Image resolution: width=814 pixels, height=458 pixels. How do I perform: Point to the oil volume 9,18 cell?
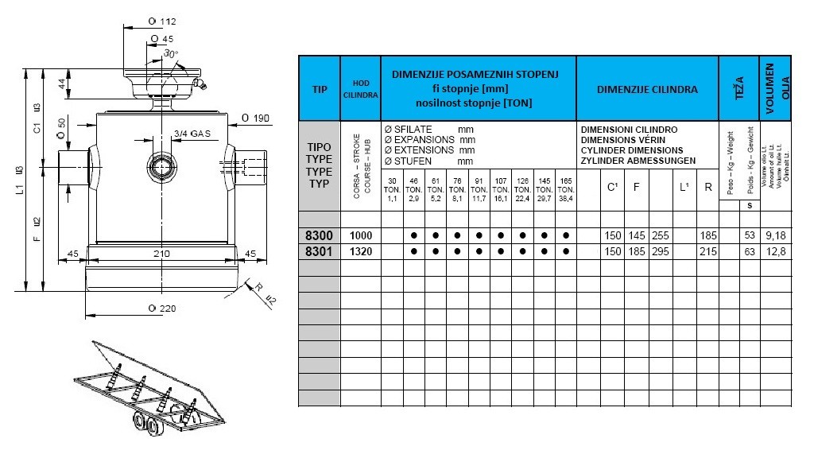pos(775,235)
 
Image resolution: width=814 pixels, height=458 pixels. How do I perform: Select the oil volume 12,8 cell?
pos(775,251)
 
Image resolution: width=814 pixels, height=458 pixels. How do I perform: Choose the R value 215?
pos(708,251)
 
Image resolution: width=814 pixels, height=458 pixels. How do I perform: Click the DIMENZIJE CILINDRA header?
pos(647,89)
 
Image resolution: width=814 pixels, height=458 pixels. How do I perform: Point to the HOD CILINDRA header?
pos(361,89)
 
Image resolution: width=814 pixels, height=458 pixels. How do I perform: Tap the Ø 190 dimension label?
pos(255,118)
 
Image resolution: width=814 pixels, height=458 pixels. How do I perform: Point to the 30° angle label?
pos(171,53)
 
